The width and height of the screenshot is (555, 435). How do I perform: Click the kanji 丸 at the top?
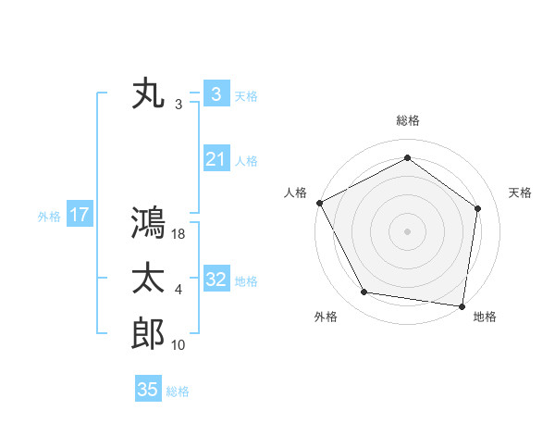point(148,94)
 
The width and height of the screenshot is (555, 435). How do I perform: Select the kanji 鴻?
point(148,223)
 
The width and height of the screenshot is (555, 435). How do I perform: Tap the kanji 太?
point(148,279)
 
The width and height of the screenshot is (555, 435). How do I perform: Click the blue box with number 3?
point(216,94)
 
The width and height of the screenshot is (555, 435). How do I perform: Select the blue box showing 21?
point(216,159)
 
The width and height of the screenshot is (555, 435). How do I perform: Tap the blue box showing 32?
point(216,279)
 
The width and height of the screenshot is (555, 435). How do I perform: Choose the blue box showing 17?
point(79,215)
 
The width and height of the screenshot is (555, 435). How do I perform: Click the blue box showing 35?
point(148,390)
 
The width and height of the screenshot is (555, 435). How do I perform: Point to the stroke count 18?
point(179,235)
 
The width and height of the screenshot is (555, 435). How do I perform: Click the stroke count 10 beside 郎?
point(179,345)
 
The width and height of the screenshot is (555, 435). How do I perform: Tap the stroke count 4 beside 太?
point(179,290)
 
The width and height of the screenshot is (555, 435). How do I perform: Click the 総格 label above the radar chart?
point(408,120)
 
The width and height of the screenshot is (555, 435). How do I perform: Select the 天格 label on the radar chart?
point(521,193)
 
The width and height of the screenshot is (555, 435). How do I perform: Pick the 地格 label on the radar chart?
point(485,317)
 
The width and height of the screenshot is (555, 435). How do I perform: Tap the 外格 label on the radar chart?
point(326,317)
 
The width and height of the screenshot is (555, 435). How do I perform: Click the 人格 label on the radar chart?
point(295,193)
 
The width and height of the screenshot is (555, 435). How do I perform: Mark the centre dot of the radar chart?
point(407,230)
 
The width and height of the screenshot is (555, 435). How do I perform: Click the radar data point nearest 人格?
point(320,203)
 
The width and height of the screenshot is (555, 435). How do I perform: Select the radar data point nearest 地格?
point(462,305)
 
